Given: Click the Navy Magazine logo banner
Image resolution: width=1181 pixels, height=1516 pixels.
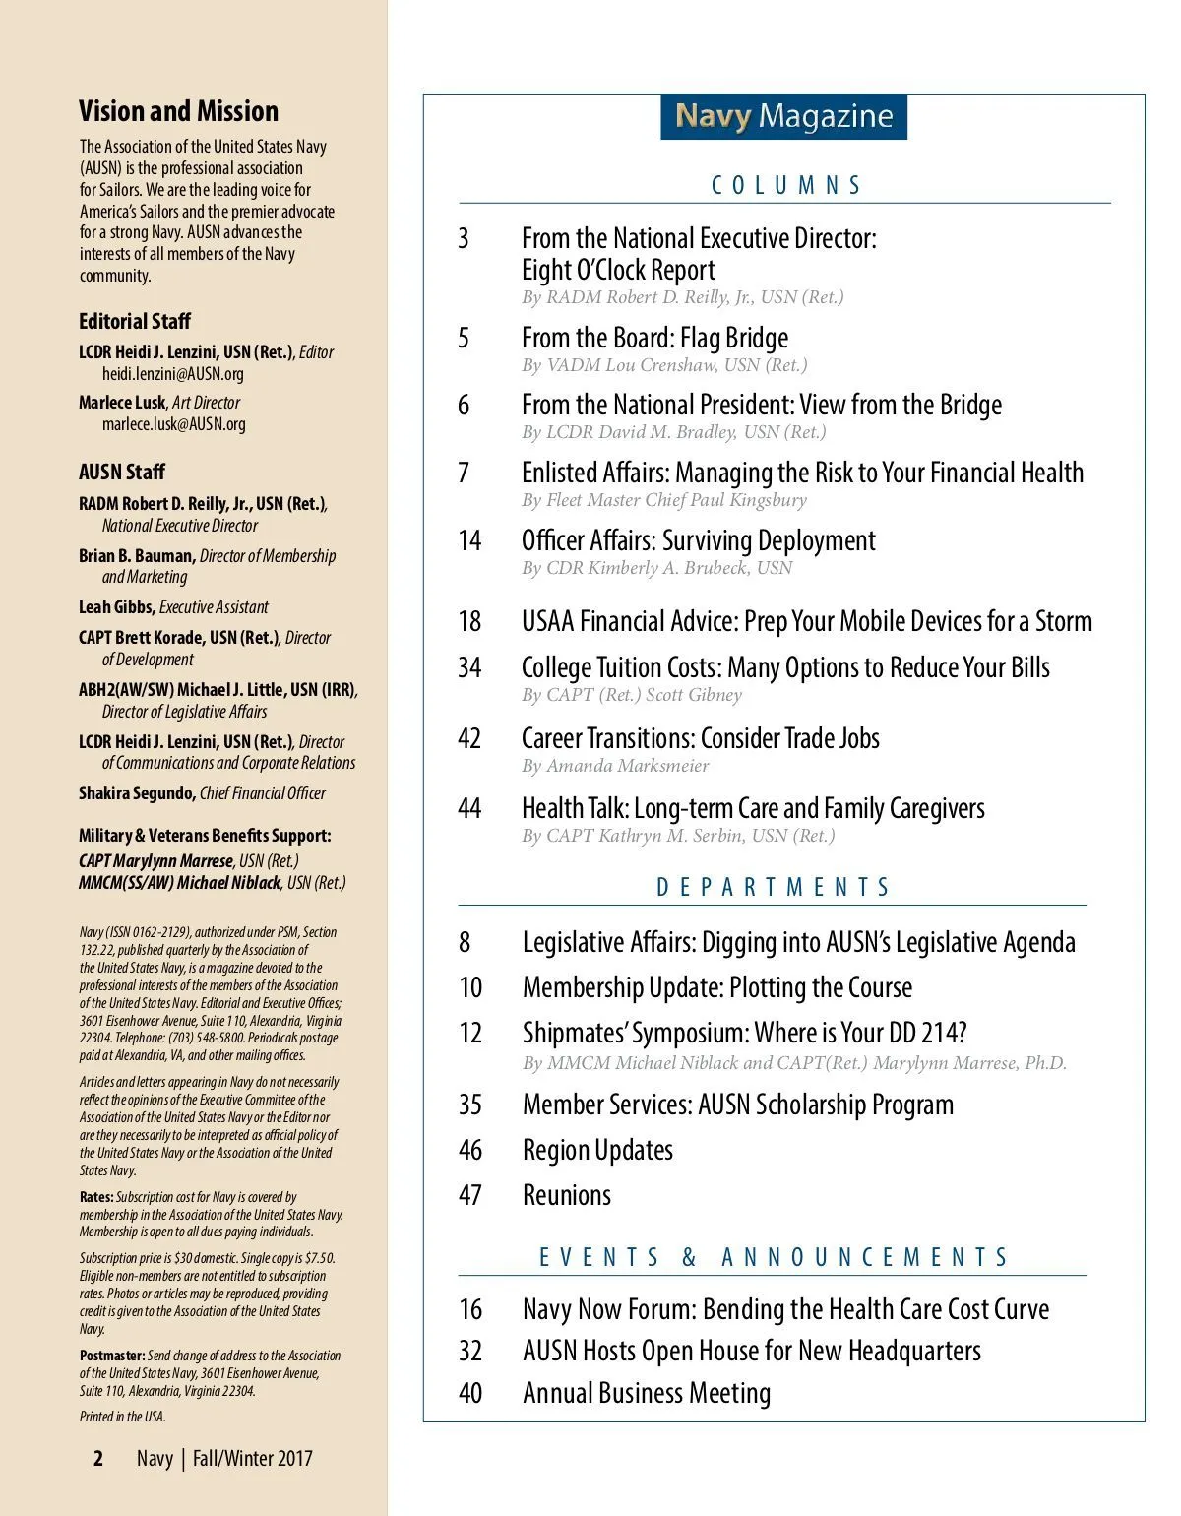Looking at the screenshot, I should (783, 116).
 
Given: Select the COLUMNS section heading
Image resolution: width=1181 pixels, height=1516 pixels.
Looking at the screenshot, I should (785, 185).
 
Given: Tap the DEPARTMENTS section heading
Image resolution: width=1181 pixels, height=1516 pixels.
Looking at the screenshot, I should (773, 887).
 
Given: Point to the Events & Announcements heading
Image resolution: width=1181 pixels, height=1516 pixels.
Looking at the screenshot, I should (774, 1257).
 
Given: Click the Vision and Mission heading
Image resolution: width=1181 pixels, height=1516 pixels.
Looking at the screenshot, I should (178, 111).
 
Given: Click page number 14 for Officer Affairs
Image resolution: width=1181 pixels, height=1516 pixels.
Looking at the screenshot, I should (469, 540).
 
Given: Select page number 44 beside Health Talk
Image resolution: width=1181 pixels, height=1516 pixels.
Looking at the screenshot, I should (469, 808).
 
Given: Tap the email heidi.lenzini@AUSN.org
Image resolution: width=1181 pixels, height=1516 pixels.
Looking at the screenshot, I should (173, 374).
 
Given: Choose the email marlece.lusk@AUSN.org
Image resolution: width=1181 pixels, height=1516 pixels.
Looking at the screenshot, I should (174, 424).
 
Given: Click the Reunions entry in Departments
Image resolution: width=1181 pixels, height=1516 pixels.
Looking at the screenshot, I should (566, 1195).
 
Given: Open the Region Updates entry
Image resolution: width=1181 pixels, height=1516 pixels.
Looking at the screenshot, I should (597, 1150).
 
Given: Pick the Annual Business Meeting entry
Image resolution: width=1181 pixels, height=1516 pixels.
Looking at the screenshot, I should (647, 1393).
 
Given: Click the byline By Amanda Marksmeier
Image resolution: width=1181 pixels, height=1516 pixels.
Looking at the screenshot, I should (615, 766).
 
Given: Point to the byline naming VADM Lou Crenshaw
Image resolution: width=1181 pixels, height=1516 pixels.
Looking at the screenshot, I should (664, 365).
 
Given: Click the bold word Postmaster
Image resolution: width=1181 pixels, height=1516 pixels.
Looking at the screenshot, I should (112, 1356).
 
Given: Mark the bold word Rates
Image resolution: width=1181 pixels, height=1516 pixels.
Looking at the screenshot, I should (96, 1197).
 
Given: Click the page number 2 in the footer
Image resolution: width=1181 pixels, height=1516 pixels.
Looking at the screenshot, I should (98, 1458).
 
